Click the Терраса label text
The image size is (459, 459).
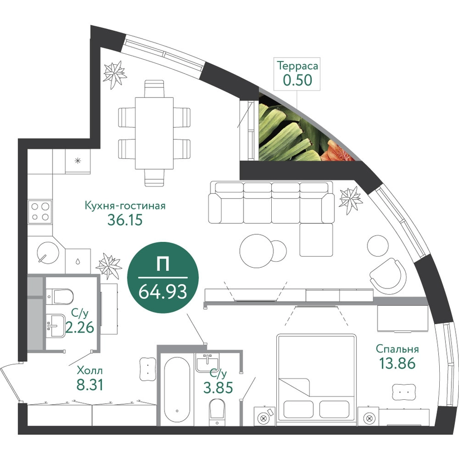[298, 66]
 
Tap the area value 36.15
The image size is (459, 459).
[125, 220]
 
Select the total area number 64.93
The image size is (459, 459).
[162, 292]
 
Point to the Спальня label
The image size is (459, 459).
[397, 350]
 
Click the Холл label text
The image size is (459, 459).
[90, 370]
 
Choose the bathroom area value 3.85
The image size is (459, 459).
[218, 388]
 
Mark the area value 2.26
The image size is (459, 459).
[79, 327]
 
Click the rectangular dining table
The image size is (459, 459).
[154, 133]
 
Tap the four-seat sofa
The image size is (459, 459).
[271, 203]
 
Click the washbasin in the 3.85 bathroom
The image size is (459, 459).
[207, 362]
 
